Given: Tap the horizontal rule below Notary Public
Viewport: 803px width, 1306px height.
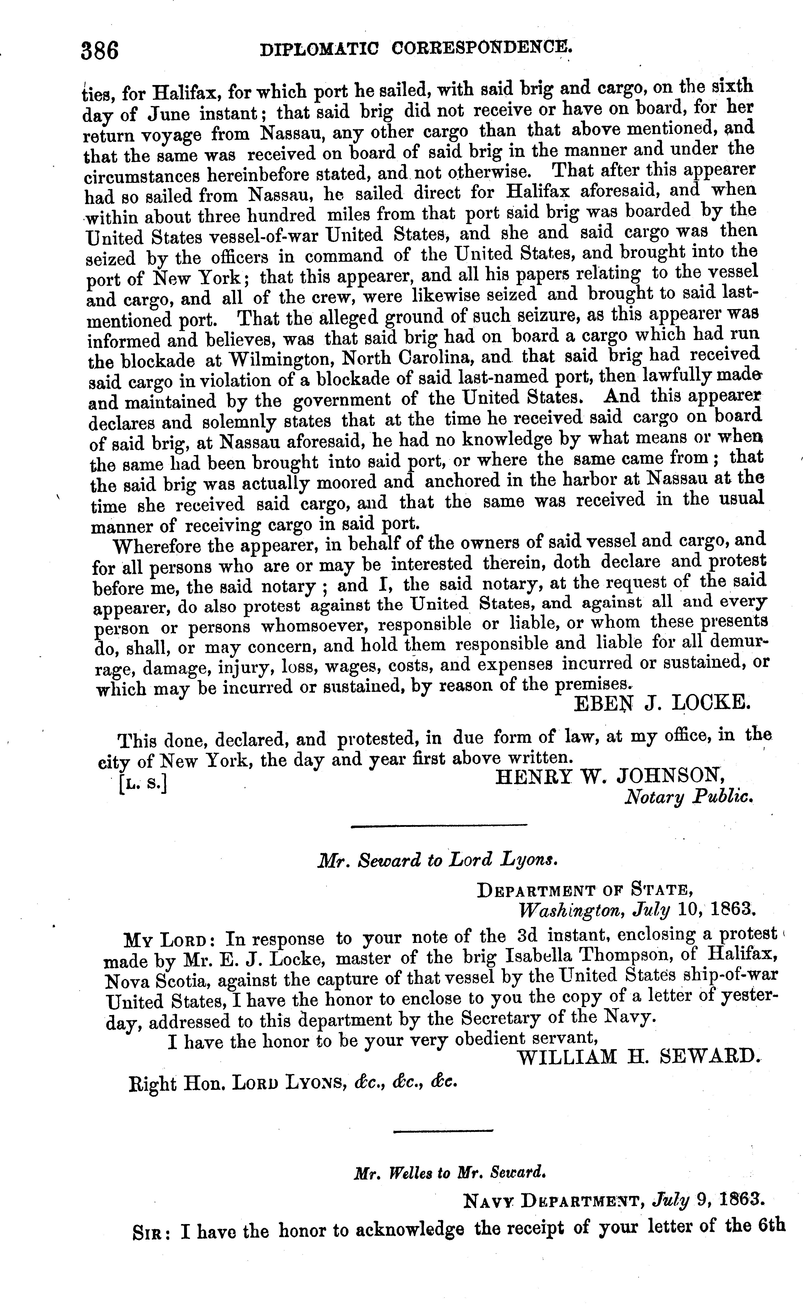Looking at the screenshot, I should coord(439,825).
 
